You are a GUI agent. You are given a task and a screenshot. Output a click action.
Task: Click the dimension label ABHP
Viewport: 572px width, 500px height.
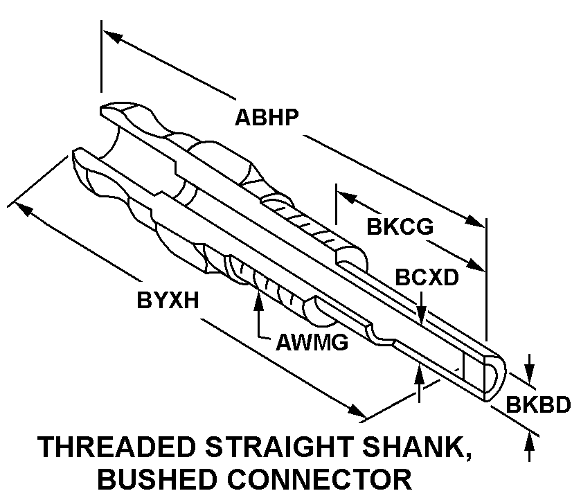coord(267,117)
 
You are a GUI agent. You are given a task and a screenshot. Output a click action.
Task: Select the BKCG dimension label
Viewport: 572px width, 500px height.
coord(400,227)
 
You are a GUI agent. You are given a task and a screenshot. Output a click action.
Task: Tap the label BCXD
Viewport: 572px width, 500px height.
coord(427,277)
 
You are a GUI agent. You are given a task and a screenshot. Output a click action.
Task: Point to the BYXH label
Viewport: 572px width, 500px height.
coord(168,301)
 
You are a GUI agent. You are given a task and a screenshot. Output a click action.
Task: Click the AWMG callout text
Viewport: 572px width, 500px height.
coord(312,341)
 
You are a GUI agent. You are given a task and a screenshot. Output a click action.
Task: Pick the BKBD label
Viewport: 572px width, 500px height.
coord(537,404)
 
